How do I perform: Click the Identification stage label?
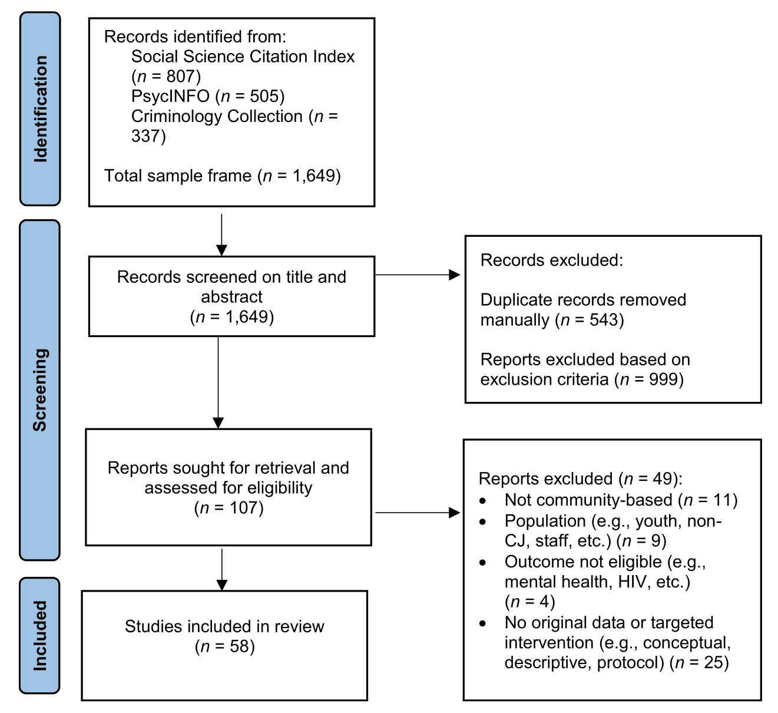tap(40, 109)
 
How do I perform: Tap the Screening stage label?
tap(40, 389)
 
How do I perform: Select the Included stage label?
tap(40, 635)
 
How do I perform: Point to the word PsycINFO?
tap(170, 96)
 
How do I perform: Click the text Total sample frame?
tap(178, 176)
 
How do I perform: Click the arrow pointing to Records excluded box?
tap(418, 275)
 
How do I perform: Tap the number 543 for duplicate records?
tap(604, 320)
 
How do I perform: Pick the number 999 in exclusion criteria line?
tap(663, 379)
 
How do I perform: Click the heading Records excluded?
tap(551, 260)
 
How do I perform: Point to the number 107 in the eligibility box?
tap(243, 508)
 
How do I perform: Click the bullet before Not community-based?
tap(483, 501)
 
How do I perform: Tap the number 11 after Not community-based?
tap(722, 500)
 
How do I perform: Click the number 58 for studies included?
tap(239, 647)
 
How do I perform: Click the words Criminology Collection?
tap(217, 117)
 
